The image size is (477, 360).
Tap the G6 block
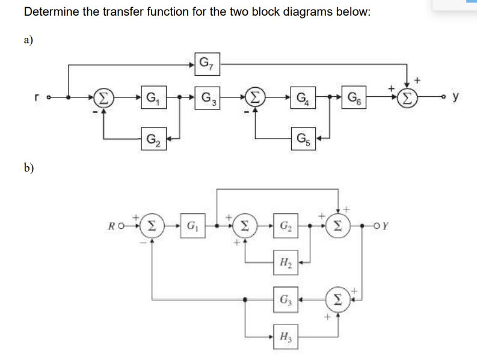click(x=352, y=97)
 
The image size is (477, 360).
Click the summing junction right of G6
click(x=408, y=97)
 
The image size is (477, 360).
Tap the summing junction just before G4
click(x=256, y=97)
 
